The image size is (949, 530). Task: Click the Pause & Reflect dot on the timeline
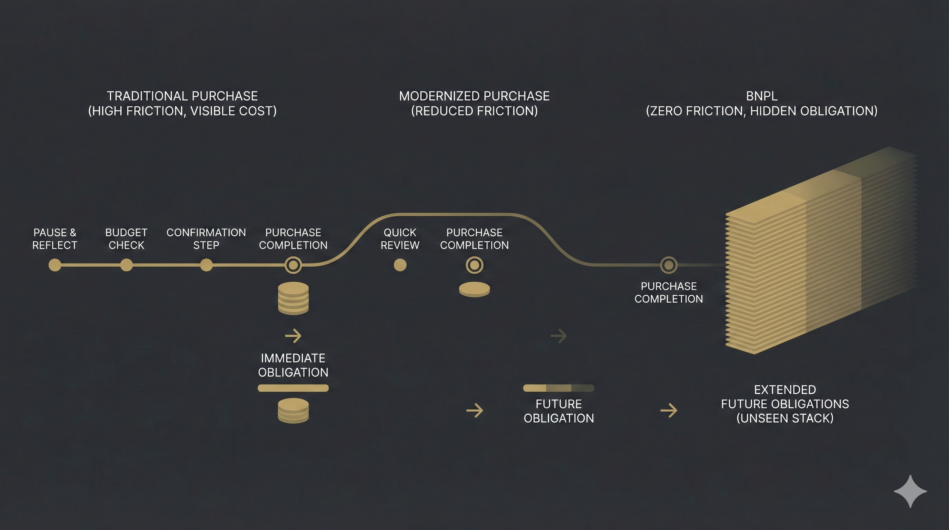[x=55, y=265]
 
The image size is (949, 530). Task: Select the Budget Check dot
[x=126, y=265]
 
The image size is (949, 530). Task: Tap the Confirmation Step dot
[x=206, y=265]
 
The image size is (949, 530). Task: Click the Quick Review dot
[x=400, y=265]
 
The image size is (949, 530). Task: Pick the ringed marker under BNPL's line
[x=668, y=265]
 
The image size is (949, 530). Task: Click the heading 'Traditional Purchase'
[x=182, y=96]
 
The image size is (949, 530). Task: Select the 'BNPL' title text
[x=761, y=96]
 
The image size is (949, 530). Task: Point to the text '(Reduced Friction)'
[x=474, y=111]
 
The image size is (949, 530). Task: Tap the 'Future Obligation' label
[x=559, y=411]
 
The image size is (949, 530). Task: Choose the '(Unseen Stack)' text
[x=785, y=418]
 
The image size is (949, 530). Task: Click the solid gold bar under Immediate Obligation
[x=293, y=388]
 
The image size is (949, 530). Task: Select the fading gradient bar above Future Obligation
[x=559, y=388]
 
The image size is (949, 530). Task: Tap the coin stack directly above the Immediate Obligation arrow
[x=293, y=298]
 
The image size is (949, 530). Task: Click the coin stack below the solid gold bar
[x=293, y=411]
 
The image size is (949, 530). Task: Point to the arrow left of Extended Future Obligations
[x=669, y=411]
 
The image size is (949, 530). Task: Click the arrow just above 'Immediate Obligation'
[x=293, y=336]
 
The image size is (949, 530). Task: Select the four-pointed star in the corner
[x=910, y=491]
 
